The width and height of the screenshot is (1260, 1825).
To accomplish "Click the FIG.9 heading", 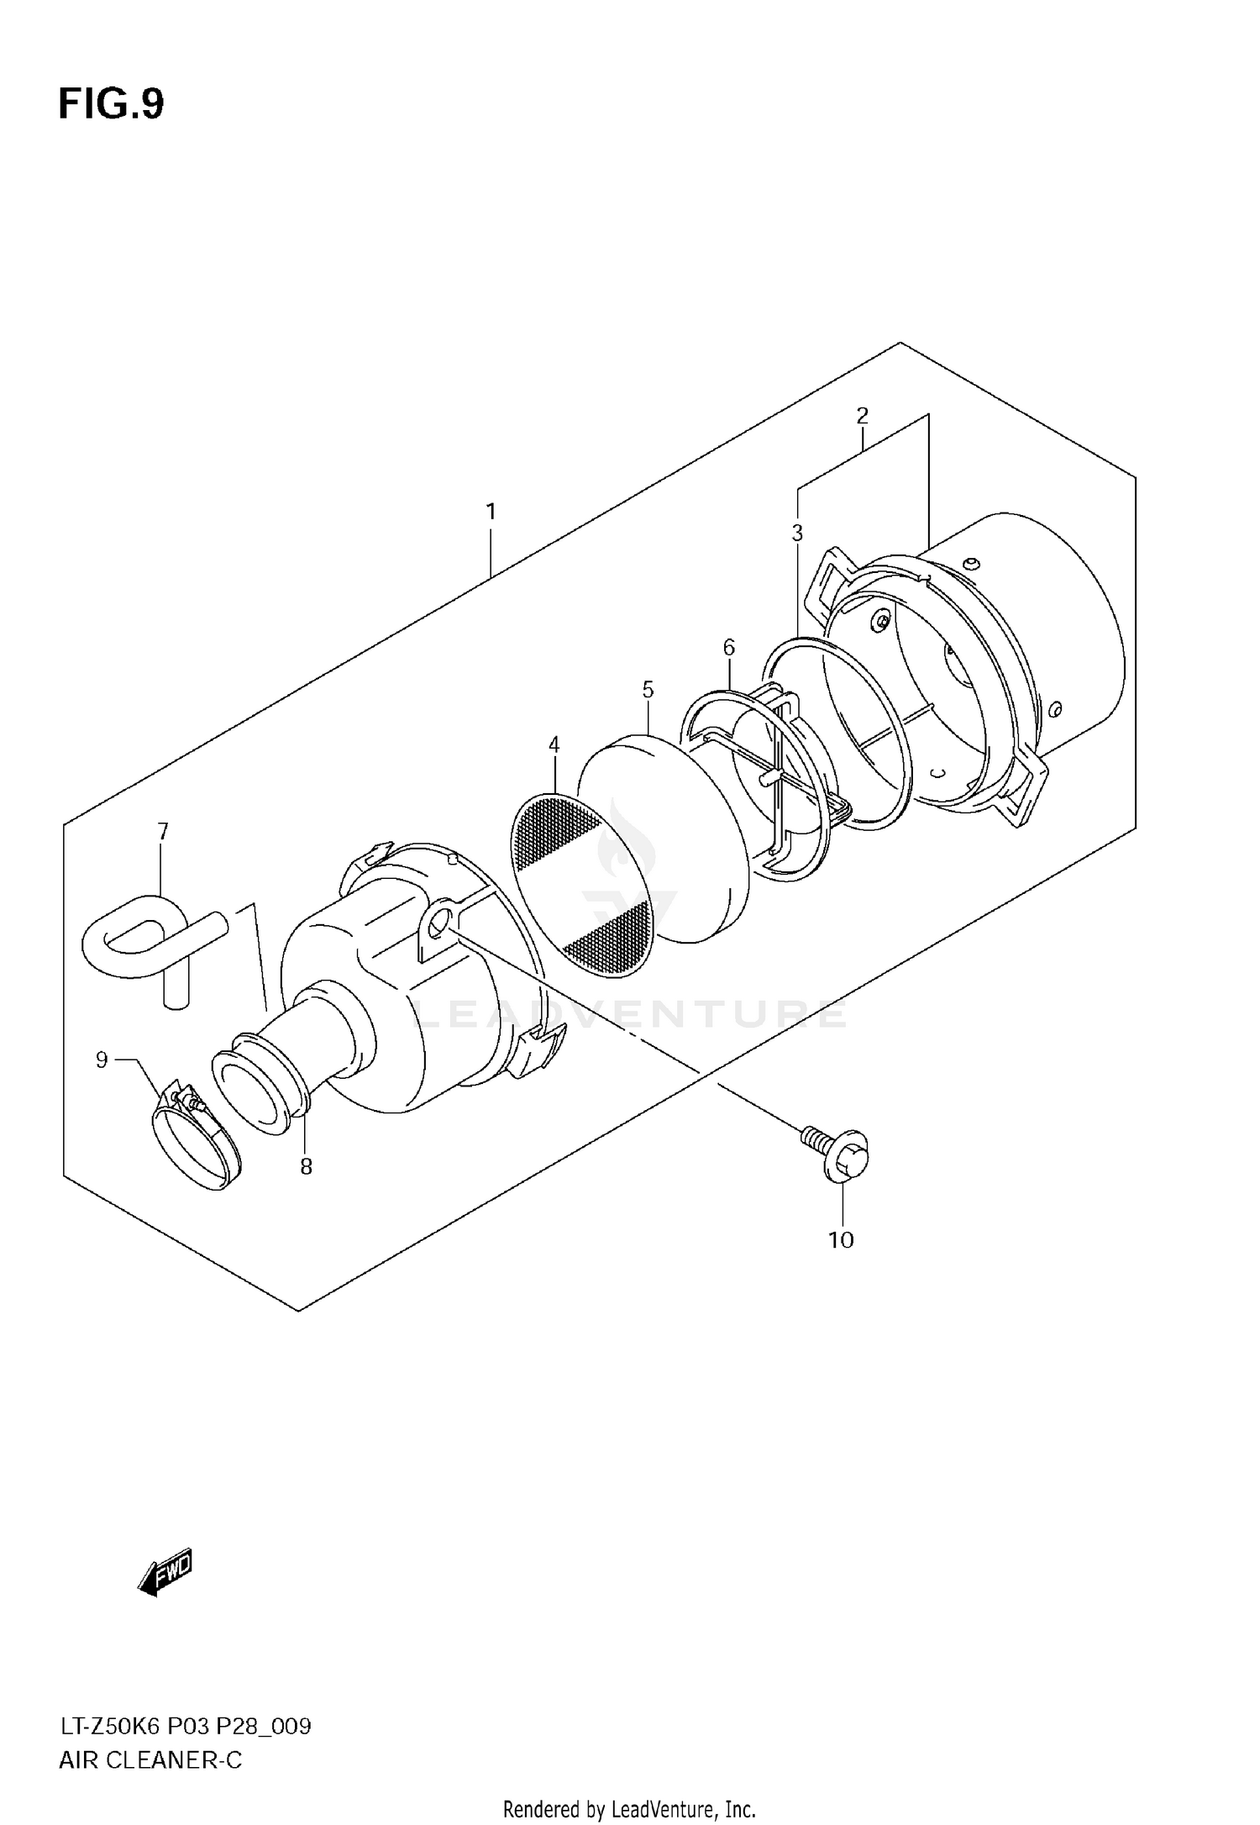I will pos(111,105).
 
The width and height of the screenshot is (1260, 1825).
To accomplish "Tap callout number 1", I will pos(491,511).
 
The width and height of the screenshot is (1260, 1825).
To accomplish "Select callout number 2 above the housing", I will pos(862,415).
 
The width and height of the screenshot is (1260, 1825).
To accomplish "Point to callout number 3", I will pos(797,533).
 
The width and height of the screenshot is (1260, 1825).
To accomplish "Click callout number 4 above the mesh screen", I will pos(554,744).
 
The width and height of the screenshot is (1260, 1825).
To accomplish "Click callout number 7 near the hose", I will pos(163,832).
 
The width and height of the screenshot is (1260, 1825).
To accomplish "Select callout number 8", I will pos(307,1166).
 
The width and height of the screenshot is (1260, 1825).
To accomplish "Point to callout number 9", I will pos(102,1060).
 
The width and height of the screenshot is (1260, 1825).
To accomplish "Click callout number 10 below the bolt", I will pos(841,1240).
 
